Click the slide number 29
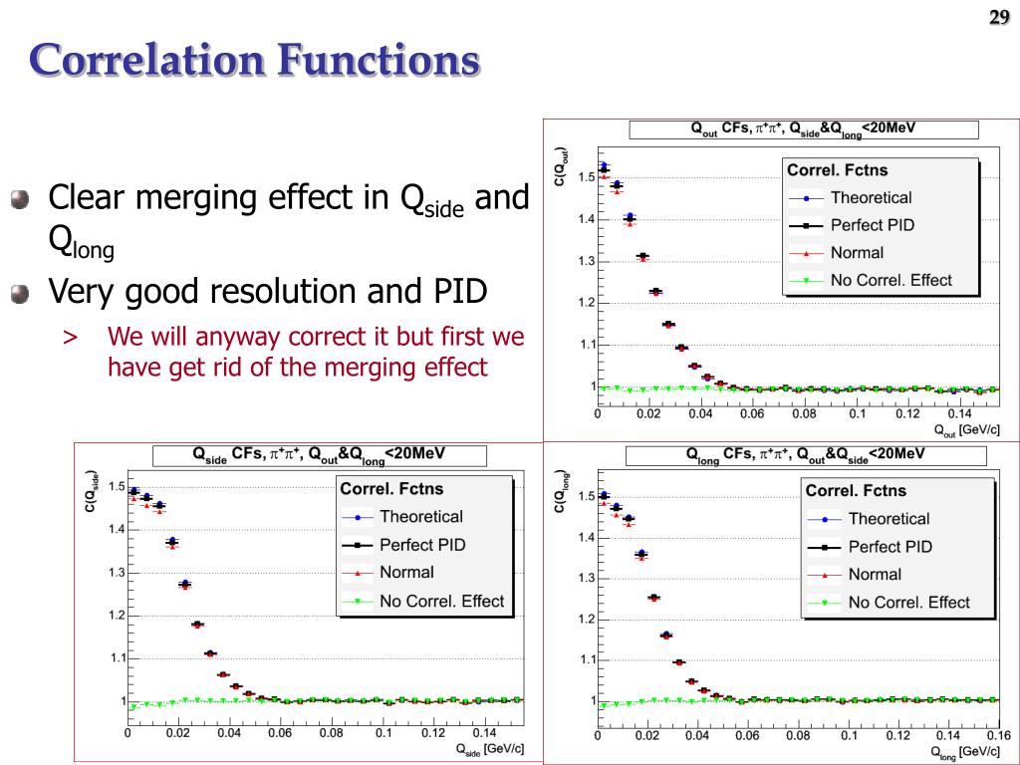[x=999, y=16]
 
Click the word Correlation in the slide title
[x=143, y=62]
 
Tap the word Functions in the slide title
[x=378, y=62]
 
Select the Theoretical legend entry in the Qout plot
[x=871, y=197]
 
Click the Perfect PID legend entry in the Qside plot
[x=421, y=545]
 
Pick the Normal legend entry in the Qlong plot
[x=875, y=574]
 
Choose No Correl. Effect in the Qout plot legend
[x=891, y=280]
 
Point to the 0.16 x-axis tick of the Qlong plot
[x=999, y=735]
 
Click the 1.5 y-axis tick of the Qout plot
[x=587, y=178]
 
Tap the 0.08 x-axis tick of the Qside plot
[x=332, y=733]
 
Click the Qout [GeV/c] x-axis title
[x=966, y=430]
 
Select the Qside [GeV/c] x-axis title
[x=489, y=748]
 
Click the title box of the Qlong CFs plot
[x=806, y=455]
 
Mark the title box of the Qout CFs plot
[x=803, y=129]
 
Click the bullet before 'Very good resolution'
[x=20, y=294]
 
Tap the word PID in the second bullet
[x=458, y=292]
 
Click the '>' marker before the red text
[x=70, y=337]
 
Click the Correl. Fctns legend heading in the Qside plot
[x=391, y=489]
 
